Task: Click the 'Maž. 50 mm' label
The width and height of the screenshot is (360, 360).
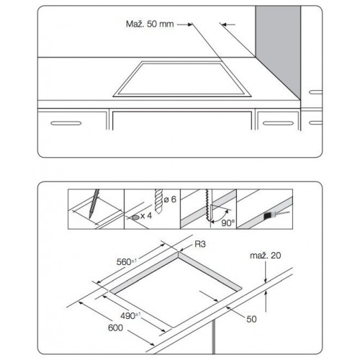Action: pos(150,24)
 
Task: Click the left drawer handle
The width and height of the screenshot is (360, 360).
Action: pos(66,123)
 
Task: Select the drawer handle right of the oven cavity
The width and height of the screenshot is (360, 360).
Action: pos(278,123)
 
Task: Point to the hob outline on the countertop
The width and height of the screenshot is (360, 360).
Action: pos(182,79)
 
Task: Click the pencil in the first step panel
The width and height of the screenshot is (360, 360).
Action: pos(94,204)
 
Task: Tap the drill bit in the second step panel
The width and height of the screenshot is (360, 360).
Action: pos(158,202)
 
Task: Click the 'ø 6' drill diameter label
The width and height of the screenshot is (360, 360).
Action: pos(170,199)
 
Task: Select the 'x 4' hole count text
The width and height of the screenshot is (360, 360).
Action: pos(146,216)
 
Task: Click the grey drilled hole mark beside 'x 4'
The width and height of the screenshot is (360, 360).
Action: pos(135,217)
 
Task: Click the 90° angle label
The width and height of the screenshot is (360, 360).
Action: pos(228,223)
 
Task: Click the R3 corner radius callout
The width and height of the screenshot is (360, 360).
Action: pos(200,244)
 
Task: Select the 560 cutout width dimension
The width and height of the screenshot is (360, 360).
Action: pos(126,261)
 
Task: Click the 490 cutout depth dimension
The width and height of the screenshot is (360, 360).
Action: pos(130,315)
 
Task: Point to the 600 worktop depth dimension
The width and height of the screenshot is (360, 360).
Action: pos(115,328)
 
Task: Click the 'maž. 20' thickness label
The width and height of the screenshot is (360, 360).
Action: pos(266,256)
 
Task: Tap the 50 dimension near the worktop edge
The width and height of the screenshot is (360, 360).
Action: pos(251,319)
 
